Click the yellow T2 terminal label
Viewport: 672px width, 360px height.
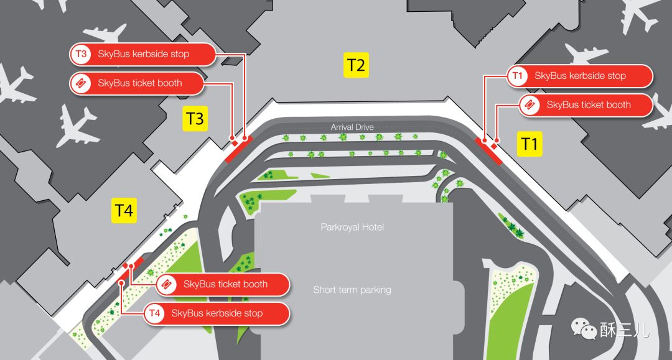(357, 65)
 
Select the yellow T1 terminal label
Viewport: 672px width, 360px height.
(530, 144)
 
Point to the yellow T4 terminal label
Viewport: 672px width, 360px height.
(124, 211)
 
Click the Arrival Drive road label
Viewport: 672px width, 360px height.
(352, 127)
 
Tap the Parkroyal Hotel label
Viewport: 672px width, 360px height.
(352, 227)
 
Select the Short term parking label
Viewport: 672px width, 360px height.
(352, 290)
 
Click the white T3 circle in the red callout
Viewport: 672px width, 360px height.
(82, 54)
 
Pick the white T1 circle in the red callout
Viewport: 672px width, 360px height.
(518, 76)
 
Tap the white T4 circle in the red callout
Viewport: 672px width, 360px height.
(155, 313)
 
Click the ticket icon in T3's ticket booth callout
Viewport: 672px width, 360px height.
(82, 83)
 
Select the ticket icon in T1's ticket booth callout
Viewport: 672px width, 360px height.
(530, 105)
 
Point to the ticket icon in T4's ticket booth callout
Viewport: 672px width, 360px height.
(167, 284)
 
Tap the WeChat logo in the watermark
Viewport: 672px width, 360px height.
(584, 328)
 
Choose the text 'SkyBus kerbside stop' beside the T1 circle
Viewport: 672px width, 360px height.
(580, 76)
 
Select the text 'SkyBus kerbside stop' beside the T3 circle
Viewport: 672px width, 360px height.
(143, 54)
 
